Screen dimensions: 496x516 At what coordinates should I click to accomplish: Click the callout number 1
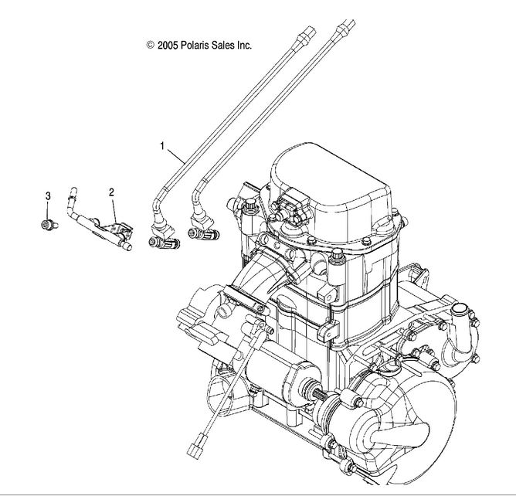tap(162, 144)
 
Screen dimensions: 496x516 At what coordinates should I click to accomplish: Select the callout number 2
tap(111, 191)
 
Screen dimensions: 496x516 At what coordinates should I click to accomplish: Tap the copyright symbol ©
tap(151, 46)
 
